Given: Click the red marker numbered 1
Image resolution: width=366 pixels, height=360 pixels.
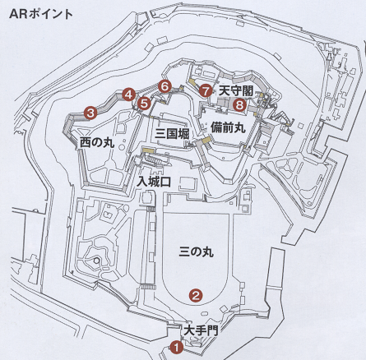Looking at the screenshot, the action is (177, 348).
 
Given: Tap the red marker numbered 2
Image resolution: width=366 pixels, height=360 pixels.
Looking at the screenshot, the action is (196, 295).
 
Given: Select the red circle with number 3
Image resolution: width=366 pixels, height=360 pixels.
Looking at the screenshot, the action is (90, 113).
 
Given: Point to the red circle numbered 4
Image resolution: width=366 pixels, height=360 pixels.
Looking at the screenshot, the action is (128, 95).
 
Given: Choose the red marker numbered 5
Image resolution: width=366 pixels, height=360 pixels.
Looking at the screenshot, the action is (145, 104).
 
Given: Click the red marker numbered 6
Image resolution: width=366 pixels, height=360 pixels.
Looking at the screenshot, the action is (164, 87).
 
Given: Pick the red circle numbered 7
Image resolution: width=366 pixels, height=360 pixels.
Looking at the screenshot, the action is (206, 90).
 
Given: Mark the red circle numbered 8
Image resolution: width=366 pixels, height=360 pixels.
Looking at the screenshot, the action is (239, 104).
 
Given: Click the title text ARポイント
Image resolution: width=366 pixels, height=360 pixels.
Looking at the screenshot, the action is (41, 14).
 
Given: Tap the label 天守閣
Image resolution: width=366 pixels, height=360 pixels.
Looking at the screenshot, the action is (236, 90).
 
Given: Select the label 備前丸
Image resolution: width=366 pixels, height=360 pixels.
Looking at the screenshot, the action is (228, 127).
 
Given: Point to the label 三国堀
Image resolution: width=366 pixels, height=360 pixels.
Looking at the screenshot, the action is (172, 134).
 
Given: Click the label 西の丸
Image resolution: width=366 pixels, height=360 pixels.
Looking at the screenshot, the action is (97, 142).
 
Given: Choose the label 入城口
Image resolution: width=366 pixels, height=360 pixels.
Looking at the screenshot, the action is (154, 182).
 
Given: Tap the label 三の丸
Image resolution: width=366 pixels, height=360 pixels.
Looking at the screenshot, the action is (196, 252).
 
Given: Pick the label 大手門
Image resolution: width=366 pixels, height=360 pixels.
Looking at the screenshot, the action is (201, 330).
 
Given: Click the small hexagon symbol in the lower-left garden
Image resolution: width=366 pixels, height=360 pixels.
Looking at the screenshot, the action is (96, 260).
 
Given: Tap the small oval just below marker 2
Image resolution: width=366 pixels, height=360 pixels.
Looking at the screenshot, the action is (205, 313).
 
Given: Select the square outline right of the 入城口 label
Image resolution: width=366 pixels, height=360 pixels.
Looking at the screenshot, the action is (188, 183).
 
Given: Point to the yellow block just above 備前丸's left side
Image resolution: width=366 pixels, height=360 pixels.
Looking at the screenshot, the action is (206, 141).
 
